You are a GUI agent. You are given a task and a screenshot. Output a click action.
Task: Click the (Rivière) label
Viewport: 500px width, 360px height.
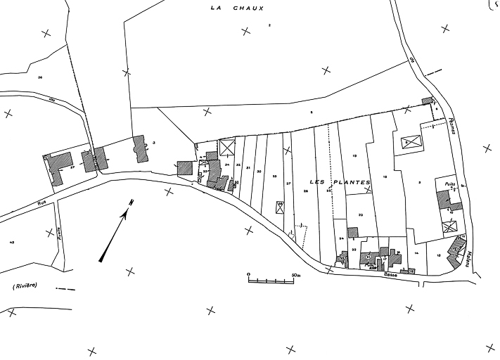(x=25, y=285)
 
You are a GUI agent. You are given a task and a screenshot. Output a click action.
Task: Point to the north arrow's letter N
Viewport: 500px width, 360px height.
(x=131, y=202)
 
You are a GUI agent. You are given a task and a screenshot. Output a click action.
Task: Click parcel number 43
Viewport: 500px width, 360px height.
(x=12, y=241)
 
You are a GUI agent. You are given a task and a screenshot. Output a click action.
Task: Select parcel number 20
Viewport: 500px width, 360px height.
(x=359, y=215)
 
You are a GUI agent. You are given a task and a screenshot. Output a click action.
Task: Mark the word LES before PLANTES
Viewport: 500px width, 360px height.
(x=317, y=182)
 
